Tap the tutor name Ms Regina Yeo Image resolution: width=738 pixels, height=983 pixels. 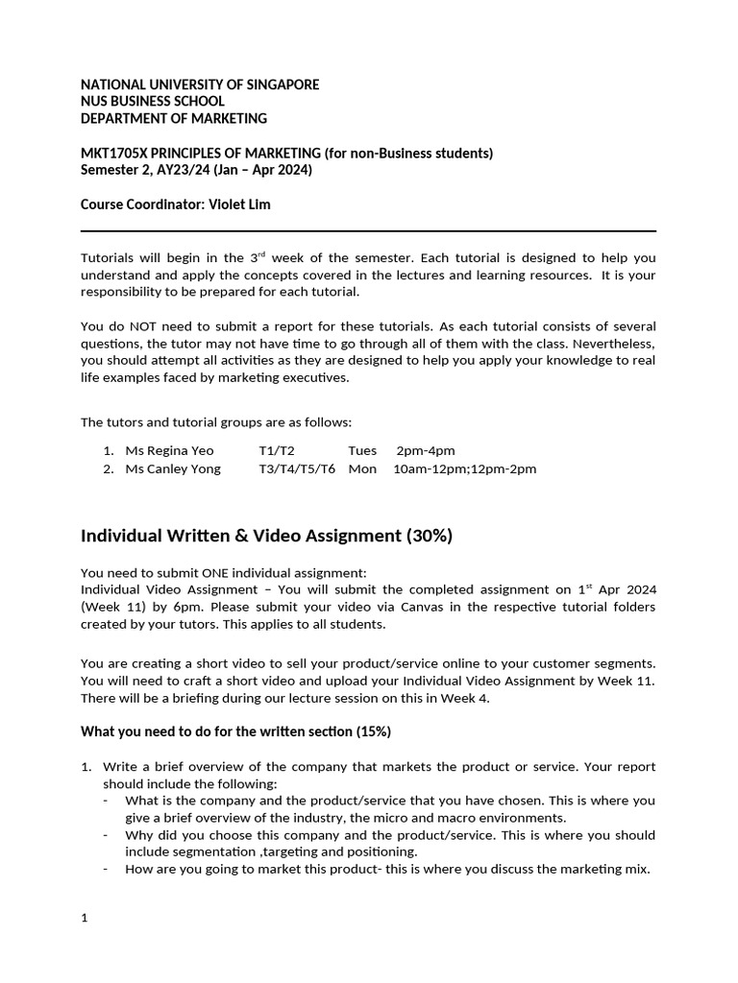tap(170, 450)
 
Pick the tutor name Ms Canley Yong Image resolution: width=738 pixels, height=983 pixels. tap(173, 468)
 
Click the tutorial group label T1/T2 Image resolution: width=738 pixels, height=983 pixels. tap(277, 450)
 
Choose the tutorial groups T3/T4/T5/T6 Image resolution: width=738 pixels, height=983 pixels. tap(297, 468)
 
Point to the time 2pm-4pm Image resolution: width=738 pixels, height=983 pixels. tap(426, 450)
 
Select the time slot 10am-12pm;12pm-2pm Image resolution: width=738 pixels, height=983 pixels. tap(465, 468)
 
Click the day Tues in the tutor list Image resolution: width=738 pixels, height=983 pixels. tap(362, 450)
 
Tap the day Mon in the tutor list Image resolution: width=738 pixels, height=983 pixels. tap(362, 468)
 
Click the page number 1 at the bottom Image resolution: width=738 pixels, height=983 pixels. tap(85, 918)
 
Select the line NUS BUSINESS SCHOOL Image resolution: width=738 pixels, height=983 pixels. tap(153, 102)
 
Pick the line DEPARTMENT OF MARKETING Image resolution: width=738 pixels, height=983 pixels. tap(174, 119)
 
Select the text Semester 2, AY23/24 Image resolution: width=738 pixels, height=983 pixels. tap(146, 170)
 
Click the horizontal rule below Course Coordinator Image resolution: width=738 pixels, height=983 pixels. tap(368, 231)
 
